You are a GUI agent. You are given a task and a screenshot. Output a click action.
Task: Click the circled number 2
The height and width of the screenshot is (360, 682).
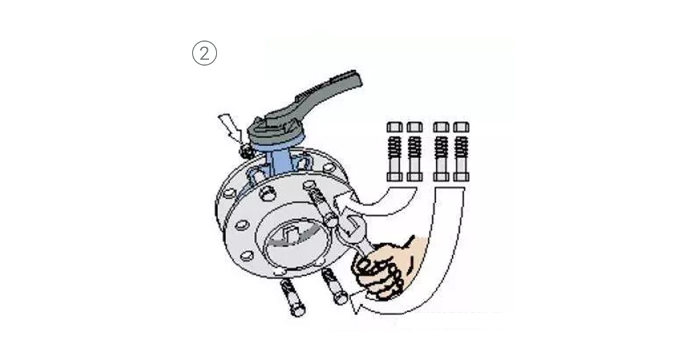[x=204, y=53]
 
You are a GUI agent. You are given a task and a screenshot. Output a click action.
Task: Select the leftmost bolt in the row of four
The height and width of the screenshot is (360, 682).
[x=395, y=152]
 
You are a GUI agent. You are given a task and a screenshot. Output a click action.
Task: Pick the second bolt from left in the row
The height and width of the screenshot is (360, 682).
[x=414, y=152]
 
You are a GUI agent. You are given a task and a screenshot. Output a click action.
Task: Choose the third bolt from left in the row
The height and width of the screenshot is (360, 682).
[x=441, y=152]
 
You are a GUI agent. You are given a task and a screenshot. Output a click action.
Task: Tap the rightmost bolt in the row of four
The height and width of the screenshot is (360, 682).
[x=461, y=152]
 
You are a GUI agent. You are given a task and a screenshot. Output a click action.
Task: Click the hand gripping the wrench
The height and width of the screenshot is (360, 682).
[x=385, y=266]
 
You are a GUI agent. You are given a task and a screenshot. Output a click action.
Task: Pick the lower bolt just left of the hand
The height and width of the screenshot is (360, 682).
[x=334, y=285]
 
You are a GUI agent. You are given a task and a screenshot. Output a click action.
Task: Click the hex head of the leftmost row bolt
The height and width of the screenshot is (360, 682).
[x=395, y=127]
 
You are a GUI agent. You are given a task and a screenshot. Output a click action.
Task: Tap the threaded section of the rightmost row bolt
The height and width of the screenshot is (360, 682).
[x=461, y=147]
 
